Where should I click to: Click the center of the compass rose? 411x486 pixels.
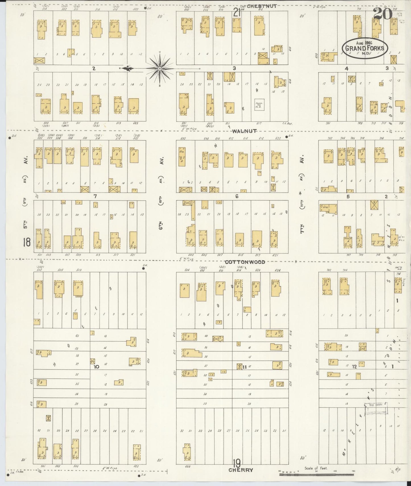coord(160,68)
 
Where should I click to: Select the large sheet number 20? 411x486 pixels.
coord(383,14)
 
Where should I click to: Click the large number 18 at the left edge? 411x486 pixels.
coord(27,242)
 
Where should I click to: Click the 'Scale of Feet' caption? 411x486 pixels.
coord(316,468)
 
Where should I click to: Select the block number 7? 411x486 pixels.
coord(95,196)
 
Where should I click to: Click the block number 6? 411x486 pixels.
coord(237,196)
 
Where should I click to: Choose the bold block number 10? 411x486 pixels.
coord(97,367)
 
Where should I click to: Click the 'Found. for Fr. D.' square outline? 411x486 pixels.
coord(259,105)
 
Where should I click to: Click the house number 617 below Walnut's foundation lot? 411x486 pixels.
coord(259,124)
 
